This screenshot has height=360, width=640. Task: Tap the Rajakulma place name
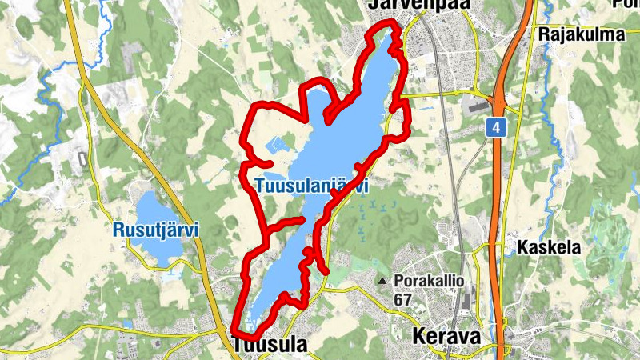tap(581, 34)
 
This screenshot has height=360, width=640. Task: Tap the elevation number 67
tap(404, 298)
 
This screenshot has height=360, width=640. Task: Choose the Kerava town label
tap(447, 337)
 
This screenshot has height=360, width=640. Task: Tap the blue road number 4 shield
tap(498, 127)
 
